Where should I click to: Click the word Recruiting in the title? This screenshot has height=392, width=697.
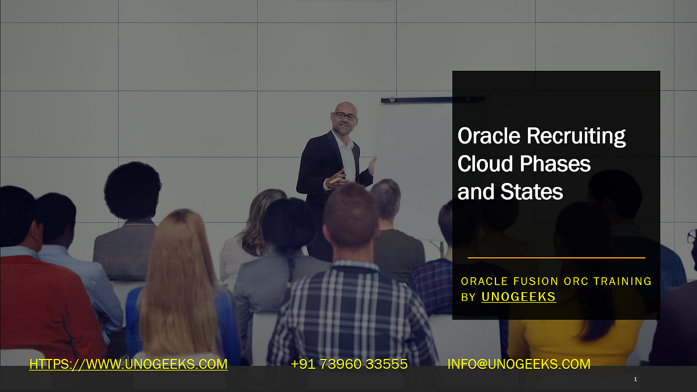tap(576, 136)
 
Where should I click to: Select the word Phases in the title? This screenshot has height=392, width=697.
tap(555, 164)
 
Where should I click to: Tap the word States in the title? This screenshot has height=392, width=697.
tap(532, 191)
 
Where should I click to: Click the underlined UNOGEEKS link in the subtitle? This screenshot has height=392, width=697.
tap(518, 297)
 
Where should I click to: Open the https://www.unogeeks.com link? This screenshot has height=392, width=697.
tap(128, 364)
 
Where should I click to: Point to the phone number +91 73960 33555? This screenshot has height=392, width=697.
tap(349, 364)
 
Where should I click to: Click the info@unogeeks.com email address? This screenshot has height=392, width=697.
tap(519, 364)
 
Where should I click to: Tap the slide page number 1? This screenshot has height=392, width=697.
tap(635, 379)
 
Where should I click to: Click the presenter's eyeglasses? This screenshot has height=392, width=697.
tap(345, 116)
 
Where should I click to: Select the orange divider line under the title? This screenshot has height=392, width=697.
tap(556, 258)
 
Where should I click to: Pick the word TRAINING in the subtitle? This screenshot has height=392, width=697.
tap(622, 281)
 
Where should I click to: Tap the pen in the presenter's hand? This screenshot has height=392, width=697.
tap(337, 179)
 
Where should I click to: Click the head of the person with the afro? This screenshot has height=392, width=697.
tap(132, 190)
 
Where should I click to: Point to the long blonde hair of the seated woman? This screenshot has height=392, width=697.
tap(181, 280)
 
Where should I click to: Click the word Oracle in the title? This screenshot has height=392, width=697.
tap(489, 136)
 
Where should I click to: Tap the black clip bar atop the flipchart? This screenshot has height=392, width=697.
tap(433, 99)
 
